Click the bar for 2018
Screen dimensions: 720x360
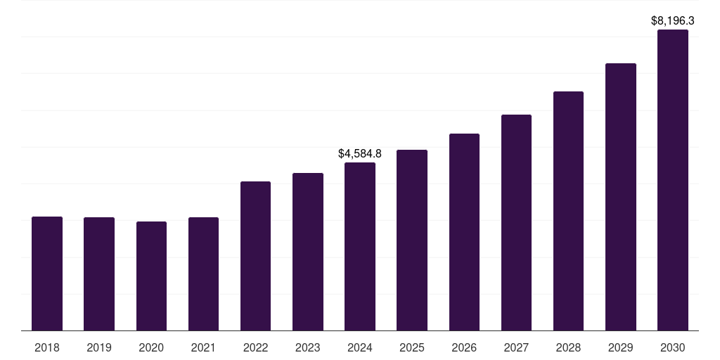point(47,274)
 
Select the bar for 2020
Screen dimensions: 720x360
point(151,276)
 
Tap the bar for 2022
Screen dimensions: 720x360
point(255,256)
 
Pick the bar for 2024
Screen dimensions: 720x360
point(360,247)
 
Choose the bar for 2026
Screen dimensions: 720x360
point(464,232)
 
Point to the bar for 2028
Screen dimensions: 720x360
point(568,211)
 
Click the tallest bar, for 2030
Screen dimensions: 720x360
point(673,180)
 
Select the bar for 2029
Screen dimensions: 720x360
point(621,197)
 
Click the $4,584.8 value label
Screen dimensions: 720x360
point(360,153)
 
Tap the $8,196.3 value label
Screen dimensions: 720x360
point(673,20)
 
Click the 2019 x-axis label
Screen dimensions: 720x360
point(99,348)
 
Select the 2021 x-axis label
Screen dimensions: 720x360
point(203,348)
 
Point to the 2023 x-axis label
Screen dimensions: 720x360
point(308,348)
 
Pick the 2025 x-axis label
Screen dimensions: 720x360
point(412,348)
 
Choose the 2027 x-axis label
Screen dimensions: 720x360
point(516,348)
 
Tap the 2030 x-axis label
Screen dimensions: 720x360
point(673,348)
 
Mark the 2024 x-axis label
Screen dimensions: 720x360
point(360,348)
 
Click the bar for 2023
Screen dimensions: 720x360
point(308,252)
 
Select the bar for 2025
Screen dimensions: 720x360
point(412,240)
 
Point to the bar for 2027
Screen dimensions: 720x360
point(516,223)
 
